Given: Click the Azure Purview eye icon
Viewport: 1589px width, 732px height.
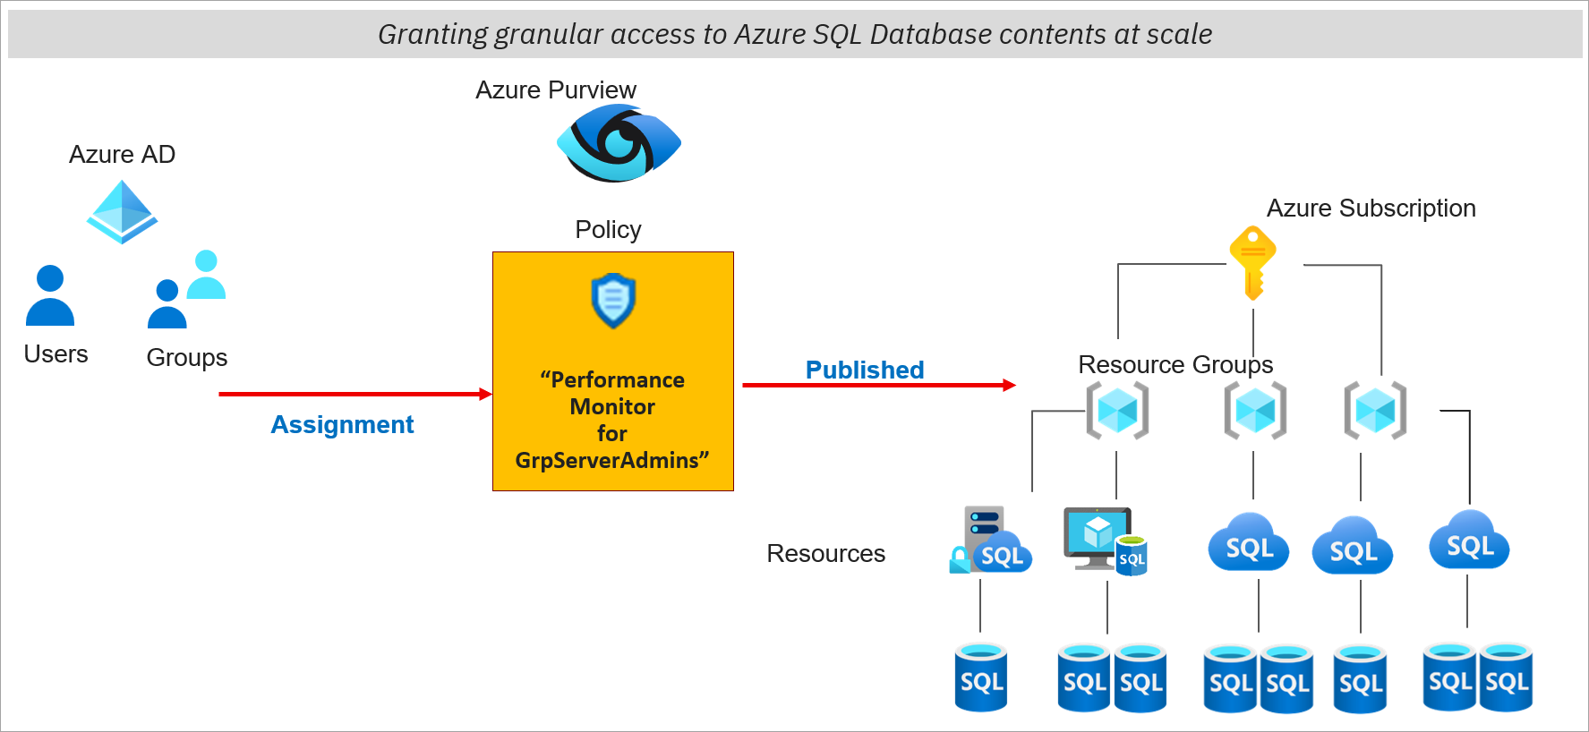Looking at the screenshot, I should click(619, 143).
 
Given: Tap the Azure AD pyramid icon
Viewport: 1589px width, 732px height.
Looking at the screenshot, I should click(122, 212).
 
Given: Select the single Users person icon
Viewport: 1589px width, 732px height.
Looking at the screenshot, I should click(50, 295).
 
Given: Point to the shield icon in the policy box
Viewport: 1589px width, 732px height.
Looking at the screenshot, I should click(613, 301).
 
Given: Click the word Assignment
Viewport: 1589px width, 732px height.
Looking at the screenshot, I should click(342, 424).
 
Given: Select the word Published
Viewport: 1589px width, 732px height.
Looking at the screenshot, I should click(864, 370).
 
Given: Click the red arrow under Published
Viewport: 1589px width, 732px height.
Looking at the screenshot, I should click(878, 386).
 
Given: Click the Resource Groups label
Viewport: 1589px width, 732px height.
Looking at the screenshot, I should click(1175, 364).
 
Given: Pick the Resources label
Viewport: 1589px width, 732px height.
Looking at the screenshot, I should click(825, 554).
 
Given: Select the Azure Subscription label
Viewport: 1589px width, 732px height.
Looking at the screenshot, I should click(1371, 209).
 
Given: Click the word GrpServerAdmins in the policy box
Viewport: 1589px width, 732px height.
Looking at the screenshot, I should click(608, 460).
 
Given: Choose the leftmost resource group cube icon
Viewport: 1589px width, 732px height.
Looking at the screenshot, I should click(1117, 411).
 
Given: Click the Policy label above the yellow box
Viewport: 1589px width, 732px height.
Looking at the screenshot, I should click(608, 230).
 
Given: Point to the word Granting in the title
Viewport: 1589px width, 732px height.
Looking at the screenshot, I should click(432, 34).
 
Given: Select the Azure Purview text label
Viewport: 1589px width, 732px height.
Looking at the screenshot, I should click(555, 90).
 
